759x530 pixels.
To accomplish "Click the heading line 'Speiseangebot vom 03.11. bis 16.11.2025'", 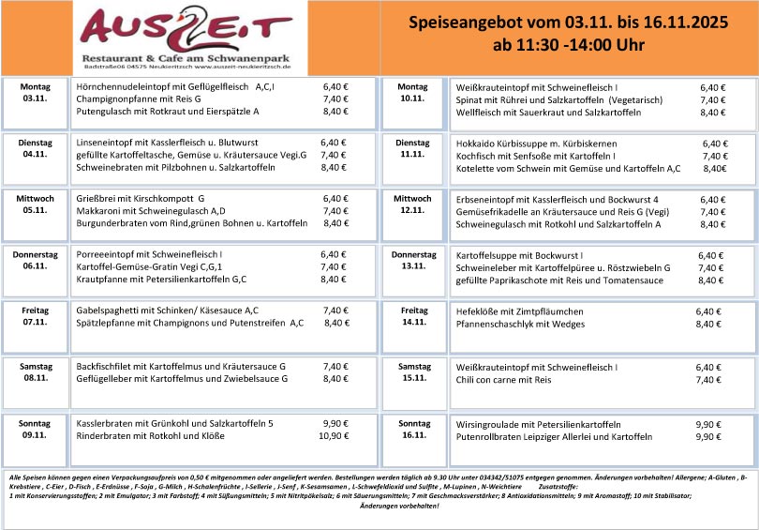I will (x=569, y=23).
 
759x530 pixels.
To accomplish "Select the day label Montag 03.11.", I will (x=36, y=92).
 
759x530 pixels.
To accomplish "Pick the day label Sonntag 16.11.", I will (x=413, y=429).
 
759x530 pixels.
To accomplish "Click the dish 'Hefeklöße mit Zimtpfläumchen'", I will (x=519, y=310).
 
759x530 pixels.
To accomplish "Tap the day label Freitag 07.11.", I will (x=36, y=316).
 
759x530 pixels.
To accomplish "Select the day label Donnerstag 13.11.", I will (x=414, y=260).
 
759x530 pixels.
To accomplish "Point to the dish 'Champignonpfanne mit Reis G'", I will (x=139, y=98).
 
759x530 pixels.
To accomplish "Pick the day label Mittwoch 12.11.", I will (x=413, y=204).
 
